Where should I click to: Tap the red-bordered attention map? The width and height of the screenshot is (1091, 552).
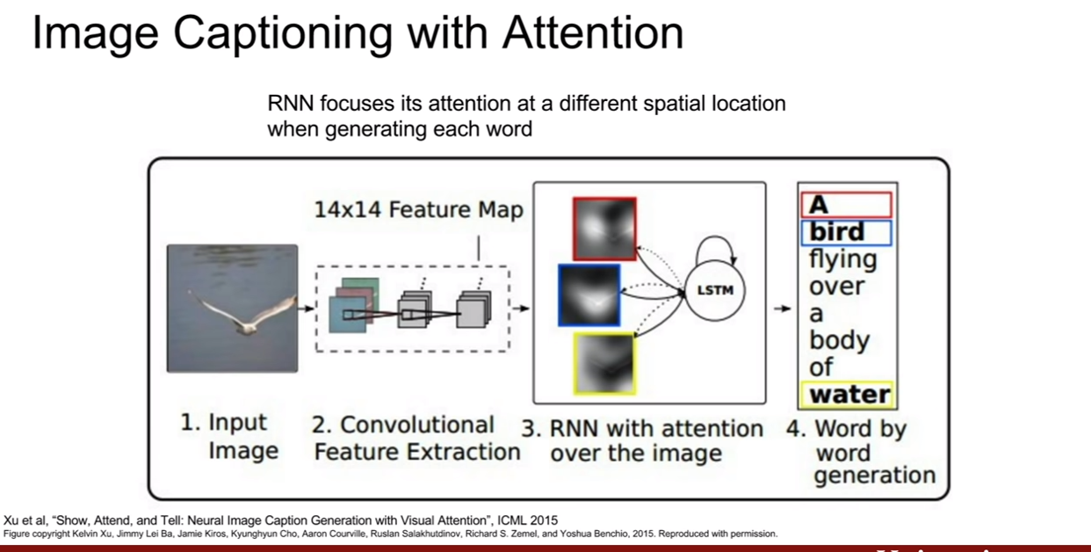coord(605,229)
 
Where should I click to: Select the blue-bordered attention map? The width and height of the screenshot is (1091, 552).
coord(589,295)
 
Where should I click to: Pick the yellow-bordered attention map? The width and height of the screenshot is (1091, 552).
coord(605,363)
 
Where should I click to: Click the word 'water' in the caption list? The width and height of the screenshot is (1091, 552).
coord(850,394)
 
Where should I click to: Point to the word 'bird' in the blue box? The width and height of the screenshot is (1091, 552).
coord(837,232)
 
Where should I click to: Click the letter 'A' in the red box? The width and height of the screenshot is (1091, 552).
coord(819,205)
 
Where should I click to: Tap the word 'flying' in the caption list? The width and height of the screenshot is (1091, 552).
coord(843,259)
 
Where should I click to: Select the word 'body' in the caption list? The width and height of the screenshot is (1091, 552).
coord(839,341)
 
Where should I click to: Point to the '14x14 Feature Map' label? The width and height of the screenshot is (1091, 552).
coord(419,209)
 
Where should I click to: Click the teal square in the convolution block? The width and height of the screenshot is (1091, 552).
coord(347,316)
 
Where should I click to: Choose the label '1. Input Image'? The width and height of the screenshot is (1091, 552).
coord(229,436)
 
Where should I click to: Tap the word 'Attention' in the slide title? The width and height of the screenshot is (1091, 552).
coord(593,33)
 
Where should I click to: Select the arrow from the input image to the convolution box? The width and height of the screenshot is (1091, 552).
coord(306,308)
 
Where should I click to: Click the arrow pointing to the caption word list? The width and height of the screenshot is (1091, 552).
coord(783,309)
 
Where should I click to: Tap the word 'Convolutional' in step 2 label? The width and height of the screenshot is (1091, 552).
coord(417,425)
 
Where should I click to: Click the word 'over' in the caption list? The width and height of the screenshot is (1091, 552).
coord(837,287)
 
